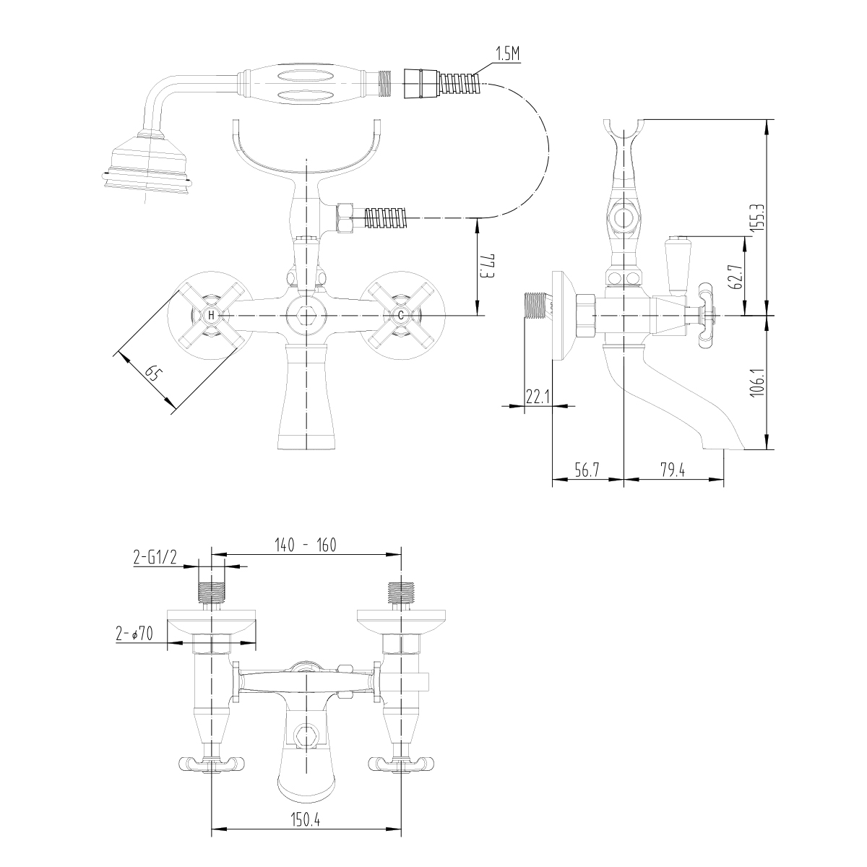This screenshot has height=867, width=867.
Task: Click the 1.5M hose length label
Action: (507, 55)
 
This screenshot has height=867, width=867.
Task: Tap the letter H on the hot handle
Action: (211, 316)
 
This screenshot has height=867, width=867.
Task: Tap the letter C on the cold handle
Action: (401, 316)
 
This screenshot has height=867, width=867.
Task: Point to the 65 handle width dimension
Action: (152, 374)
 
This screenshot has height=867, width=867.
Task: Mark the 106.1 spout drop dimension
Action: (758, 381)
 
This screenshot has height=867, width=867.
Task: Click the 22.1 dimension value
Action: (538, 397)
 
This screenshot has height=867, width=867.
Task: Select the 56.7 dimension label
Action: (587, 470)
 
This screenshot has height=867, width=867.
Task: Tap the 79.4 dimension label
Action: (673, 470)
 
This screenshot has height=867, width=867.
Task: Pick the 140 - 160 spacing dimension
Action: (306, 545)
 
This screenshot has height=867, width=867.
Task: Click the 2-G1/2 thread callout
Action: (155, 558)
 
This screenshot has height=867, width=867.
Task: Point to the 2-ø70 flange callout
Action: (134, 634)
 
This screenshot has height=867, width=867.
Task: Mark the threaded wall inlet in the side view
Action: (537, 306)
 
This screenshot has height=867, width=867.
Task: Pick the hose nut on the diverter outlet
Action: (345, 218)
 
